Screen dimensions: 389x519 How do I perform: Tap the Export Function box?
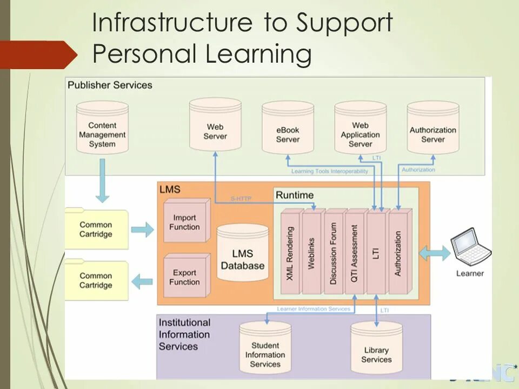pyautogui.click(x=185, y=277)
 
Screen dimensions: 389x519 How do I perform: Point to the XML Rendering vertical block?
pyautogui.click(x=290, y=253)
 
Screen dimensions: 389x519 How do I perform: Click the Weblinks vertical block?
pyautogui.click(x=311, y=253)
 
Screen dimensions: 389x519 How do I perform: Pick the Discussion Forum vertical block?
pyautogui.click(x=333, y=253)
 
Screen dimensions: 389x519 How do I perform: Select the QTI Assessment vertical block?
pyautogui.click(x=355, y=253)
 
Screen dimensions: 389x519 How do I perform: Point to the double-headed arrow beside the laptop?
pyautogui.click(x=435, y=252)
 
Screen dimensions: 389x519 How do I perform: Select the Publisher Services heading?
pyautogui.click(x=110, y=85)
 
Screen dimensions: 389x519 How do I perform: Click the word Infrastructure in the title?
pyautogui.click(x=172, y=23)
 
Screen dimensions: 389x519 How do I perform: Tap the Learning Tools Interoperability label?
pyautogui.click(x=330, y=171)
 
